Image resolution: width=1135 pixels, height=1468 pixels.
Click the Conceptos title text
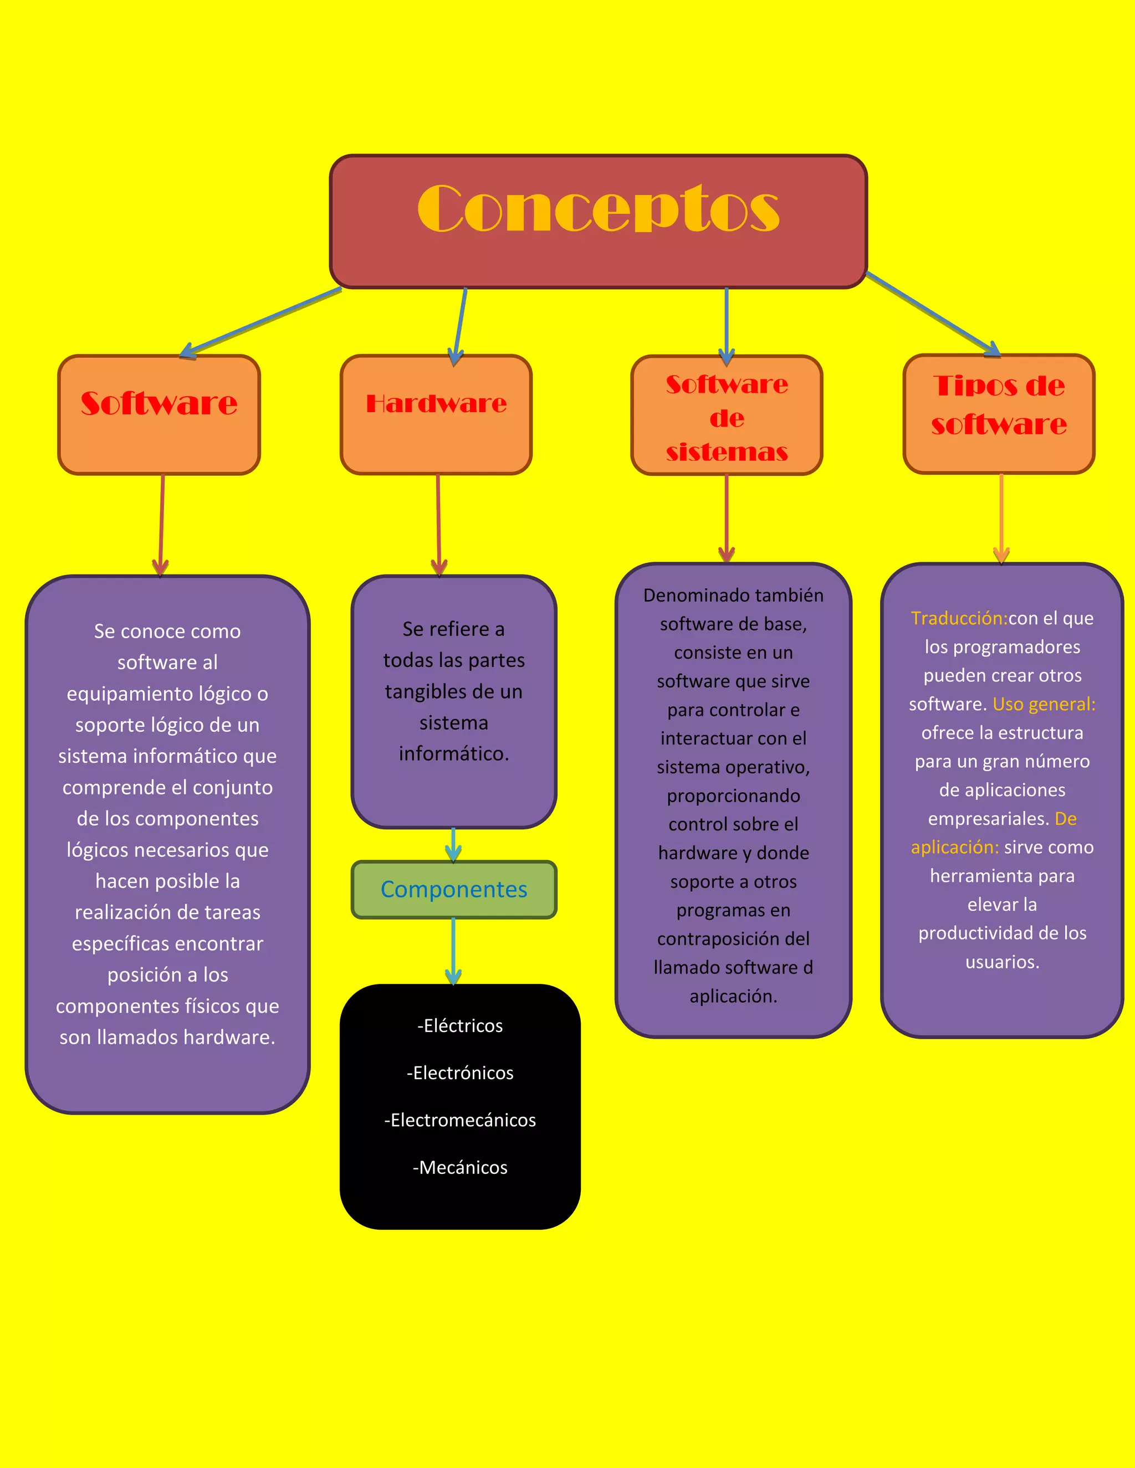tap(598, 208)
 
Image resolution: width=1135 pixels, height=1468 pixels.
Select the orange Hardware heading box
tap(436, 414)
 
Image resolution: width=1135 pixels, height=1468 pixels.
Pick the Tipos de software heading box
tap(999, 413)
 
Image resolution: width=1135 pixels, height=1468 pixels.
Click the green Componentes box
tap(454, 889)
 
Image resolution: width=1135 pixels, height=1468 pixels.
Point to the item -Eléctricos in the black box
tap(460, 1026)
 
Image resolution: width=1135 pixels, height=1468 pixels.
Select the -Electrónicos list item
tap(460, 1073)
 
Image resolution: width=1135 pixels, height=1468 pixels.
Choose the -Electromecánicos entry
tap(460, 1120)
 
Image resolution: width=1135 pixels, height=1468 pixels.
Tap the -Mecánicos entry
tap(460, 1168)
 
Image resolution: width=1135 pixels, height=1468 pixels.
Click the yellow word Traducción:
tap(959, 618)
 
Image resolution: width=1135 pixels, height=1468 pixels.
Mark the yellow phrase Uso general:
tap(1044, 705)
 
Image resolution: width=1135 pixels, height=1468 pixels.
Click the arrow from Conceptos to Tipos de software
tap(931, 312)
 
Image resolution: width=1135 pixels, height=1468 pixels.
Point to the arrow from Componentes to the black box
tap(454, 951)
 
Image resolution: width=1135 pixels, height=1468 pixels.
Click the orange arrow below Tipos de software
tap(1001, 517)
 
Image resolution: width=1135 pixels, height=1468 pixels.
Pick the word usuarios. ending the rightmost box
tap(1002, 962)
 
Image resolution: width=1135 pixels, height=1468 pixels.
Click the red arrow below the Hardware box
tap(438, 524)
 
